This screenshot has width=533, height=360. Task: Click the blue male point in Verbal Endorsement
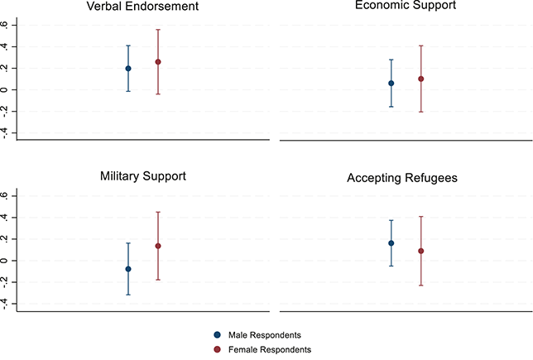128,69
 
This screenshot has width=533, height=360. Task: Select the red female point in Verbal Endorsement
158,62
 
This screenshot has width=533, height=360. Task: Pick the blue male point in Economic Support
391,84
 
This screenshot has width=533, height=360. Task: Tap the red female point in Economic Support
421,79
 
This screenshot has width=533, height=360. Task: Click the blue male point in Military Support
128,269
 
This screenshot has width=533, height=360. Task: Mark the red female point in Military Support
158,246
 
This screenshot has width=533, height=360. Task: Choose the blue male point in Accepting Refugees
391,243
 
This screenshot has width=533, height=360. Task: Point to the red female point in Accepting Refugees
421,251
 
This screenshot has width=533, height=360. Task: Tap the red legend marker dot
218,350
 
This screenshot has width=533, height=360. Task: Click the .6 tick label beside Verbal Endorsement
7,25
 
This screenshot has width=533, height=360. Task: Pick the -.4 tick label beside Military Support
7,303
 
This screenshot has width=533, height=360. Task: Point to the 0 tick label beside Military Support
7,261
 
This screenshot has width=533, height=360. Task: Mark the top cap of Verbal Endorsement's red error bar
158,30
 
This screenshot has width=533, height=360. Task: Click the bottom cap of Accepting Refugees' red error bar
421,286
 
